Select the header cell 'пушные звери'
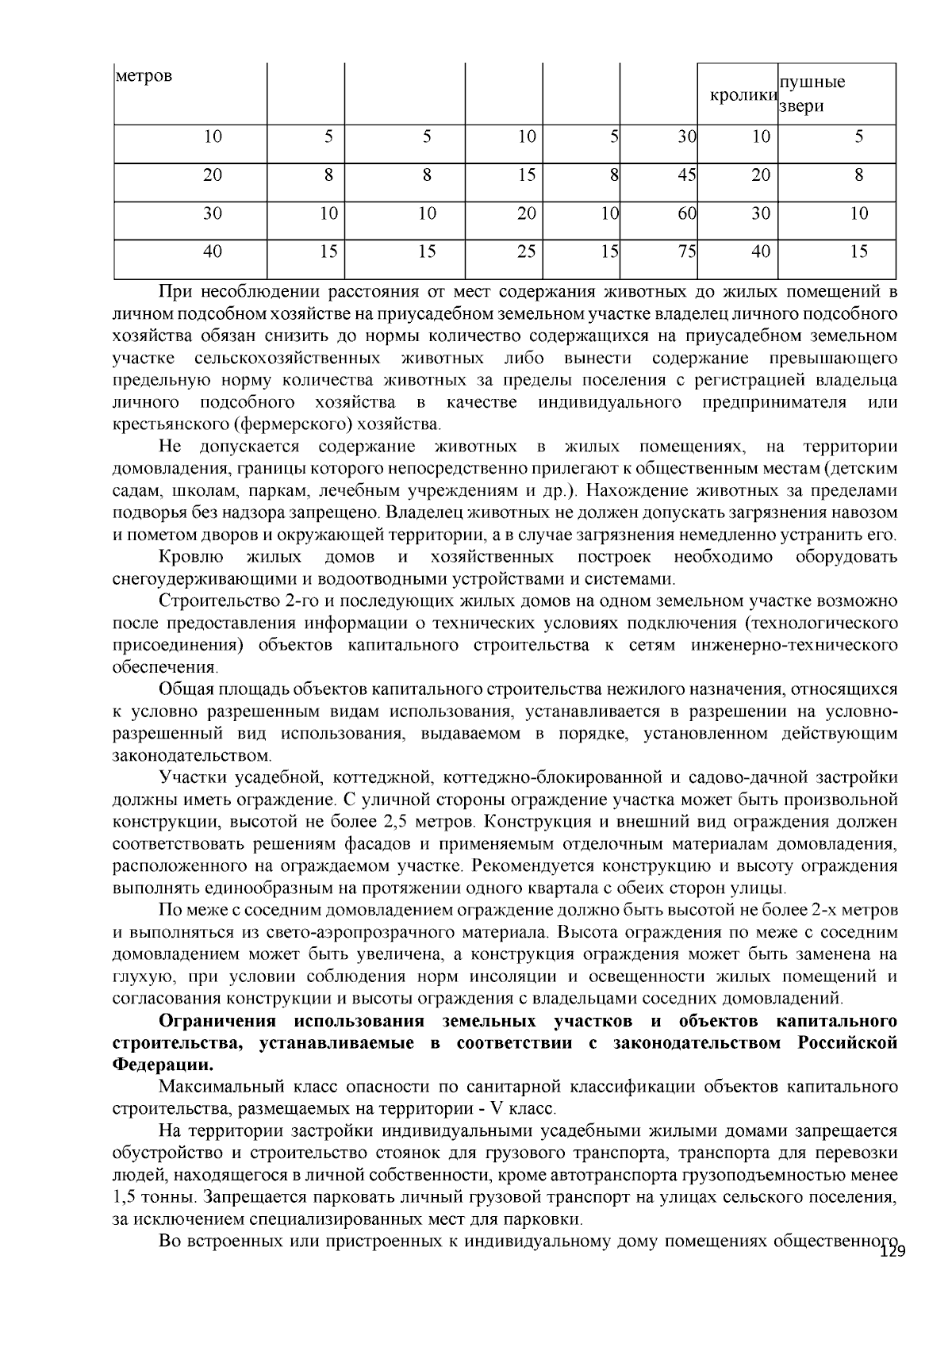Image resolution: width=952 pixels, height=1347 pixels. tap(812, 94)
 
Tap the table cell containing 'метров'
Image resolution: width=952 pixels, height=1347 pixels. tap(144, 77)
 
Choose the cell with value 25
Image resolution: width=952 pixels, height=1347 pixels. tap(526, 251)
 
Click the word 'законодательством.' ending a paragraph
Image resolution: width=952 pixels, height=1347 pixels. tap(192, 755)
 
